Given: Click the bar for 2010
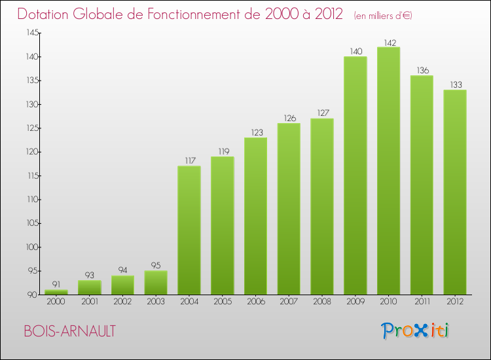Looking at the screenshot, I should [388, 170].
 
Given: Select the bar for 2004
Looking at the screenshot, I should [189, 230].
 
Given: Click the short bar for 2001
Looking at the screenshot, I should [90, 287].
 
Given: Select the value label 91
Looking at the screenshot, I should [56, 285].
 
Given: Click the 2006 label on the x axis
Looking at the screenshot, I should [255, 303].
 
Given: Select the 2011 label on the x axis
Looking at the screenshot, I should [421, 303].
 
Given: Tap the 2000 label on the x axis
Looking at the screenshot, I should [56, 303].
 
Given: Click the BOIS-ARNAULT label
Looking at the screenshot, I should [69, 331].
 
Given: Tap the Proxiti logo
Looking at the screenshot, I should [416, 331].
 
